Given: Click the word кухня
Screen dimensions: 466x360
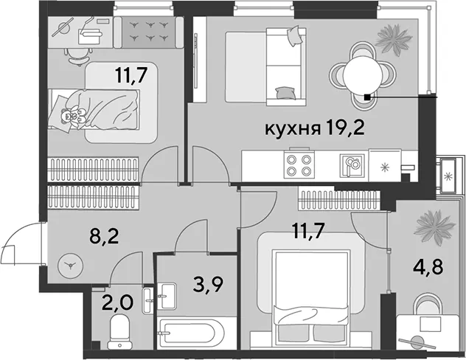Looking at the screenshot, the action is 293,129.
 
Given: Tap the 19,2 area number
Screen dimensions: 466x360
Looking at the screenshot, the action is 345,128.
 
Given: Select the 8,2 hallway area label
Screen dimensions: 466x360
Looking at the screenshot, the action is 104,237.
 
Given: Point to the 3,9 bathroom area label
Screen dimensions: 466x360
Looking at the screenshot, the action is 208,285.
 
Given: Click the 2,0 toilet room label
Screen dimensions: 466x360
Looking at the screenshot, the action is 117,303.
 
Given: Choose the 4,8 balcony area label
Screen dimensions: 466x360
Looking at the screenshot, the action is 428,268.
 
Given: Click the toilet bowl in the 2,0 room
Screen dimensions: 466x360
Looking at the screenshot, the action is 119,332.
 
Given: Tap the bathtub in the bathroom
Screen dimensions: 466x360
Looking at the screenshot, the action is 190,333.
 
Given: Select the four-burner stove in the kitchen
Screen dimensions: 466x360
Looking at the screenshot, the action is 299,165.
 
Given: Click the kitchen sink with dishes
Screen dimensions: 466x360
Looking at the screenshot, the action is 352,165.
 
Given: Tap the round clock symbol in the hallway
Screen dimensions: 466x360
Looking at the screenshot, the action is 71,265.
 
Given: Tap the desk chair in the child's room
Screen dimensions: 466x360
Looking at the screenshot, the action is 78,56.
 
